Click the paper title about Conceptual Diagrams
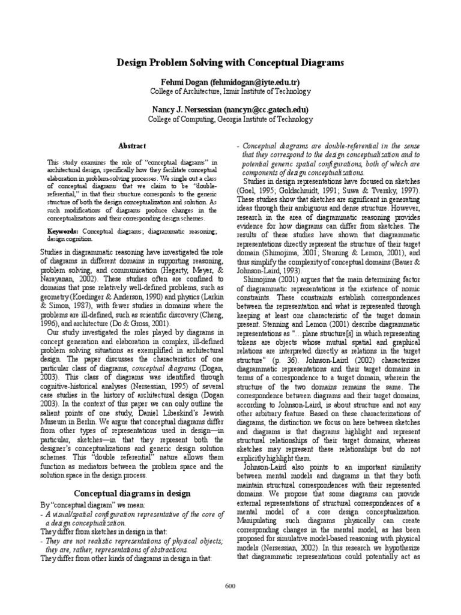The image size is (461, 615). pos(230,62)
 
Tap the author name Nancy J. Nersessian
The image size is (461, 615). pos(187,110)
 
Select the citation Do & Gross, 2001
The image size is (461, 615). pos(145,323)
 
